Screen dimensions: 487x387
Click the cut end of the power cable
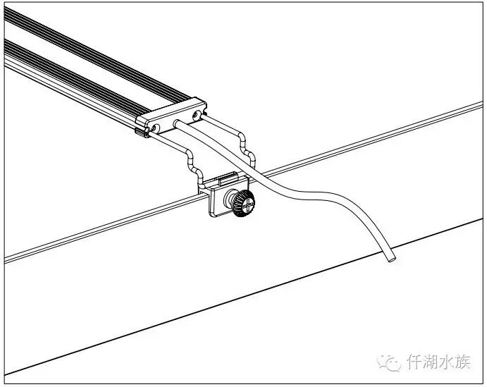(x=389, y=259)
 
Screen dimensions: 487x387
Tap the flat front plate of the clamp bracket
(x=217, y=199)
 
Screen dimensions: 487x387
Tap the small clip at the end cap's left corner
(x=141, y=131)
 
